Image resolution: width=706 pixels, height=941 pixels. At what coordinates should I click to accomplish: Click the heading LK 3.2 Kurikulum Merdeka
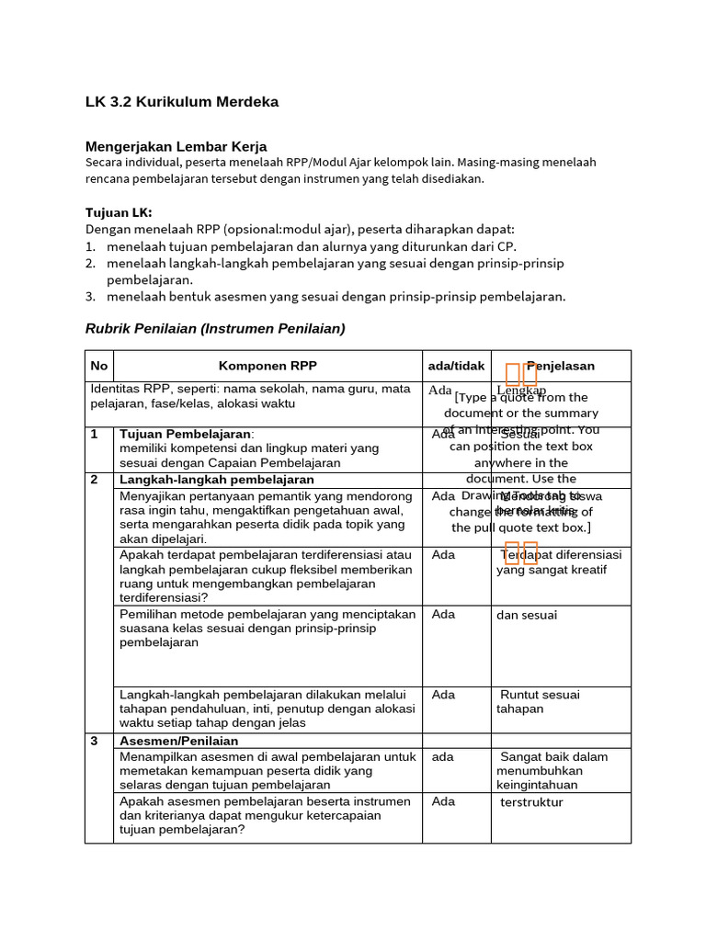click(x=182, y=102)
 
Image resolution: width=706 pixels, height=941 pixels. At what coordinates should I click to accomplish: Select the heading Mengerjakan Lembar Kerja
click(x=176, y=146)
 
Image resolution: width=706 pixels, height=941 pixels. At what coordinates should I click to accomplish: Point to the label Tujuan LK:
click(x=119, y=212)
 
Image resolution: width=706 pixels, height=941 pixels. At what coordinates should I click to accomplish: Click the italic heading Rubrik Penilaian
click(x=215, y=328)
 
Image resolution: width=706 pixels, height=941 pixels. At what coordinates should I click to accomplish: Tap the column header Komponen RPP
click(x=268, y=366)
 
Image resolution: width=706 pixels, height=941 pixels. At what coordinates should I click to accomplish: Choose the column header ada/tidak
click(x=456, y=366)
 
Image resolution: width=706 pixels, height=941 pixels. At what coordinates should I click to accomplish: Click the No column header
click(x=99, y=366)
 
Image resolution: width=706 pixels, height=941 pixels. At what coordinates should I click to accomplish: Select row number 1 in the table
click(x=95, y=434)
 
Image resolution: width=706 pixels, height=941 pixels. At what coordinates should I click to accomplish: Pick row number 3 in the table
click(x=95, y=741)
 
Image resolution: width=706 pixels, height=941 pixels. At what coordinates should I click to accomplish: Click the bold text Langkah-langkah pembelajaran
click(x=217, y=480)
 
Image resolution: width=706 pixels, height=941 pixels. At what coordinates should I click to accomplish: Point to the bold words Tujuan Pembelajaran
click(x=185, y=434)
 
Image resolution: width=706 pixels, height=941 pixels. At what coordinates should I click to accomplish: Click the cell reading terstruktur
click(x=531, y=802)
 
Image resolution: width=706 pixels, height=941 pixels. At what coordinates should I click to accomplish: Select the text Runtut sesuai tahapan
click(x=539, y=702)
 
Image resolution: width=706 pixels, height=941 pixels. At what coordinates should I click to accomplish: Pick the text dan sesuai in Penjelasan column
click(x=527, y=615)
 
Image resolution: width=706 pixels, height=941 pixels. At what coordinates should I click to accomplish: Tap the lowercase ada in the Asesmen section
click(x=442, y=757)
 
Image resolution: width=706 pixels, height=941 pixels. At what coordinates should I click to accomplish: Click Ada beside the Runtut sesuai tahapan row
click(x=443, y=695)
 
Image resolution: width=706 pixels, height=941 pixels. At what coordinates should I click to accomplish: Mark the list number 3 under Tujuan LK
click(x=90, y=296)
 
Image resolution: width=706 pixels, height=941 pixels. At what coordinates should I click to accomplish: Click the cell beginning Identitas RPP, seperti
click(x=250, y=396)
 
